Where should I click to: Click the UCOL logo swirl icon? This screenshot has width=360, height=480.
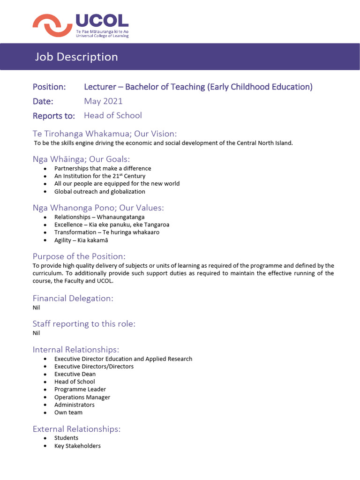point(52,25)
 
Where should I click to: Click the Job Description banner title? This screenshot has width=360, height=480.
point(76,57)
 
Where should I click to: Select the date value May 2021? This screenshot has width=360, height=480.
point(103,101)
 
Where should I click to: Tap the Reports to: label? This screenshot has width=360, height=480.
point(54,116)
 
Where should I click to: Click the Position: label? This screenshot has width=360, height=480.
point(49,87)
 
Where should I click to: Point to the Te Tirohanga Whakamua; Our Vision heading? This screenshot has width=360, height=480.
point(105,134)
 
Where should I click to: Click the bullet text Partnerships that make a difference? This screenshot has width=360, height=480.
point(103,168)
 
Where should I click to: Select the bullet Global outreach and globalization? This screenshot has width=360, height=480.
point(99,191)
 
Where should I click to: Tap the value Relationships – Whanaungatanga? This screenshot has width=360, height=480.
point(99,217)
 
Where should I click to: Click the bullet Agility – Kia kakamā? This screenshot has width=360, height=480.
point(81,240)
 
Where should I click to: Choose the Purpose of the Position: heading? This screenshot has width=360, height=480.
point(79,256)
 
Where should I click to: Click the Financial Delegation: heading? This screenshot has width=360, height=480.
point(73,298)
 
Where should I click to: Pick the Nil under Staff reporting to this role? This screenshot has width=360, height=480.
point(36,333)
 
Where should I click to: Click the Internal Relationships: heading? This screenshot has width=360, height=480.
point(76,349)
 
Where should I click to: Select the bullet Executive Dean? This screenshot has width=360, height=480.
point(75,374)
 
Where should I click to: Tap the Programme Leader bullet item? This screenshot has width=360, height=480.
point(80,389)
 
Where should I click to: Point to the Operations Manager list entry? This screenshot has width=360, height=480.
point(82,397)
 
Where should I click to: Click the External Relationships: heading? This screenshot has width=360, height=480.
point(76,429)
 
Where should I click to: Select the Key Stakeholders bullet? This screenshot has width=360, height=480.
point(77,446)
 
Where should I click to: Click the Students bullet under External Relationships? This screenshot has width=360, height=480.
point(66,438)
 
